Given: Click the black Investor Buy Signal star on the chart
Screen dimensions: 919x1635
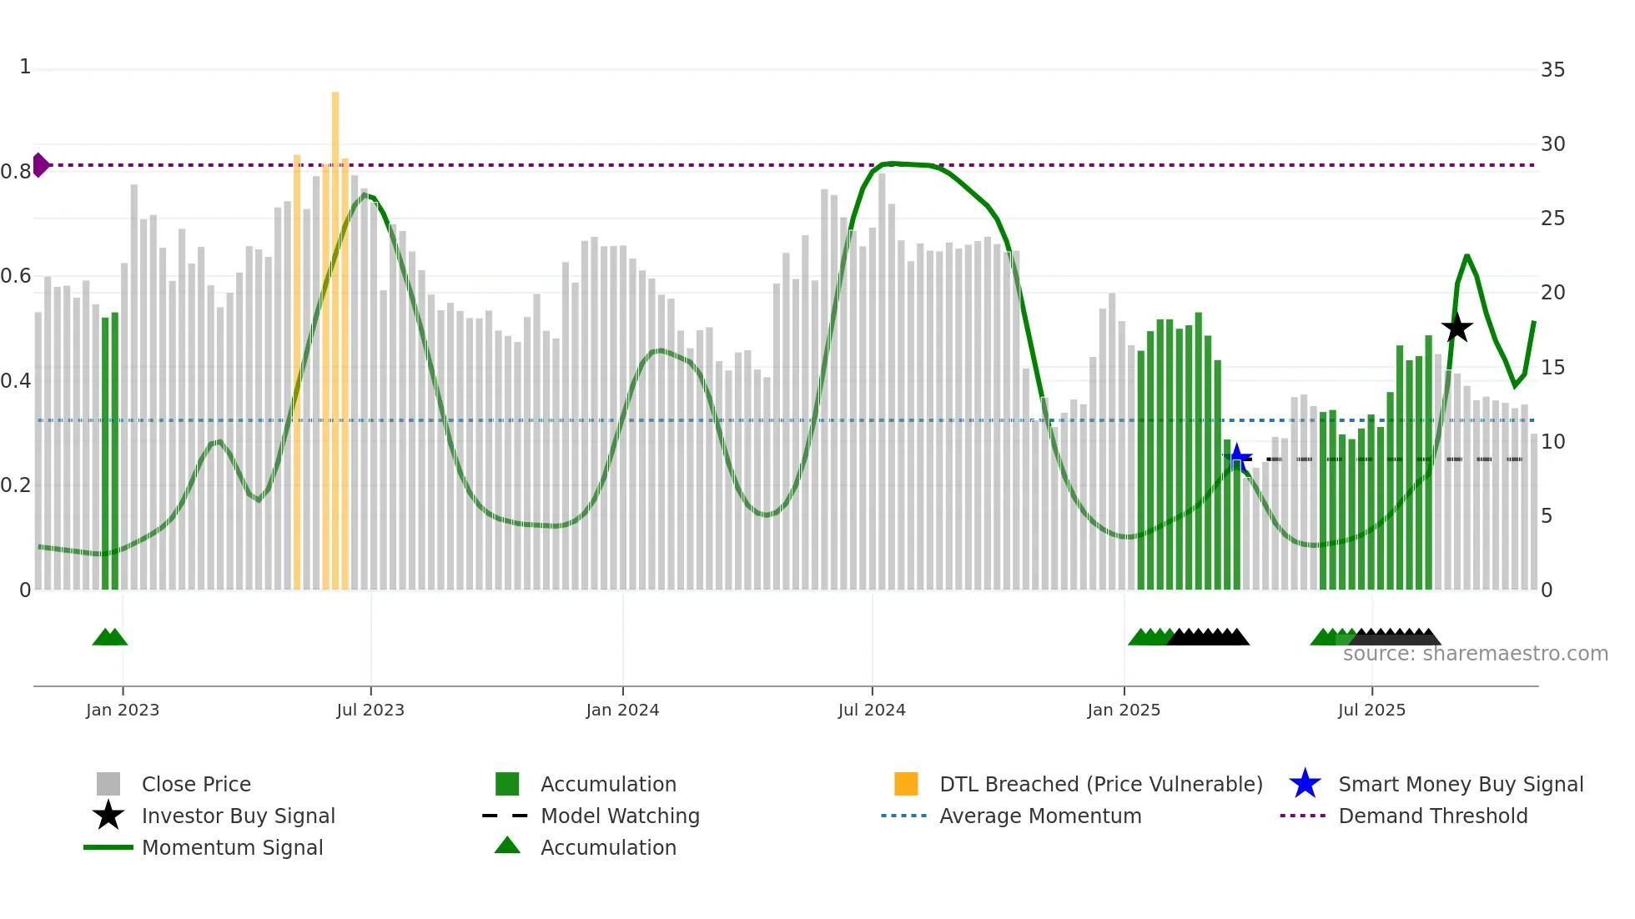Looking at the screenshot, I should (x=1456, y=328).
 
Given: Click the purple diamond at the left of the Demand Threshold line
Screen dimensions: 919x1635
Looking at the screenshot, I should (x=40, y=165).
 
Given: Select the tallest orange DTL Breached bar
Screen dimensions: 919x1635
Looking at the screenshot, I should (x=335, y=334).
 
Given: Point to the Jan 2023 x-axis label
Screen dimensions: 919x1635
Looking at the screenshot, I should (x=122, y=710).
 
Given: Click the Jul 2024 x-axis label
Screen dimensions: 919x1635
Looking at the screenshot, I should (x=872, y=710).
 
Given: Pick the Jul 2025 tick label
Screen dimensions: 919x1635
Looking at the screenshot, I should (x=1371, y=710).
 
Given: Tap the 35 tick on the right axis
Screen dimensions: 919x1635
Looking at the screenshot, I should (x=1552, y=70).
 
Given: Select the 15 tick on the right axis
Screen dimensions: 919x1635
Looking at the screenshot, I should (x=1552, y=368).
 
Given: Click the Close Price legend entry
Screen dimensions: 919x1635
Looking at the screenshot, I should (x=196, y=784).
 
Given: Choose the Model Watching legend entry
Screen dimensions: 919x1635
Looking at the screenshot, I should (x=620, y=816).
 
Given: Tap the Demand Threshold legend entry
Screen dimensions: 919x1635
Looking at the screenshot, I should (x=1432, y=816).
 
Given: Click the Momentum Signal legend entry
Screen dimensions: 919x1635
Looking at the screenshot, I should (x=232, y=847).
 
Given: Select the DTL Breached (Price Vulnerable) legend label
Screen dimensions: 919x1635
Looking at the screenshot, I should (x=1100, y=784).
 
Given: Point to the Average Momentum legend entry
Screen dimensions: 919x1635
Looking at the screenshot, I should (x=1040, y=816).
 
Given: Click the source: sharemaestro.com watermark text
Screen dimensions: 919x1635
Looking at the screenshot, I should (x=1475, y=654).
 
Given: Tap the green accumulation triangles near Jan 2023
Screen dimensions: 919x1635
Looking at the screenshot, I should (x=109, y=637).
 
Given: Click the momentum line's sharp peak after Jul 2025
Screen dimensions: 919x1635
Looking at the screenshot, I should (x=1466, y=257).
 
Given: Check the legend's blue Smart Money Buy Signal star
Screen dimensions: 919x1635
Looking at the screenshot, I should (x=1305, y=784).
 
